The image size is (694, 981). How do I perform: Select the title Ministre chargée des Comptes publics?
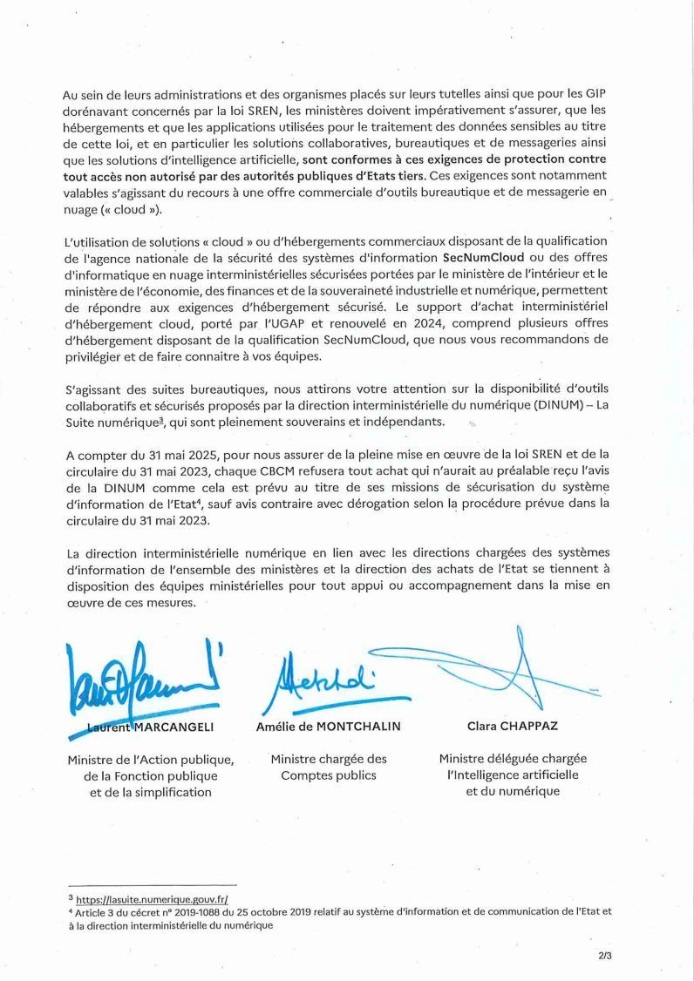(329, 768)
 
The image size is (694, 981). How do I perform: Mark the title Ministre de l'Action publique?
(151, 760)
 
